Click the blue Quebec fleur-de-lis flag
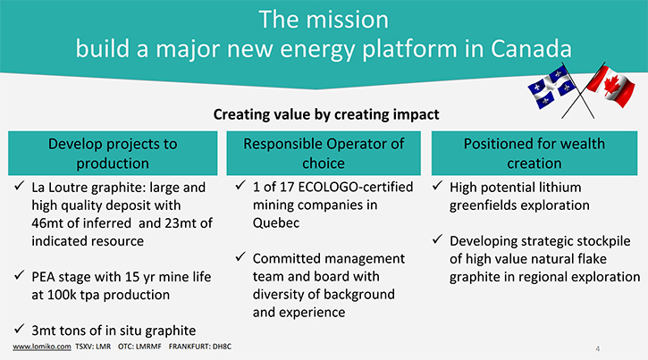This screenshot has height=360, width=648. click(551, 88)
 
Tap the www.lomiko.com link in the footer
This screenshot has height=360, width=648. click(42, 347)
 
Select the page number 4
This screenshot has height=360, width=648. click(598, 349)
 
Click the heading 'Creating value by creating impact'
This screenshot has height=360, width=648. click(326, 114)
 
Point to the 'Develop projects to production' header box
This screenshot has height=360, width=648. click(113, 153)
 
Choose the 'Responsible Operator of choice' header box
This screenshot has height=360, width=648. click(324, 153)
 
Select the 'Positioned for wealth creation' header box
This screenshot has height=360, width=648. click(534, 153)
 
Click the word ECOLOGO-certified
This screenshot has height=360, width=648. click(356, 187)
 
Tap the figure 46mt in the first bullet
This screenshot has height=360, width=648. click(46, 223)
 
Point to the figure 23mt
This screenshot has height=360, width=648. click(181, 223)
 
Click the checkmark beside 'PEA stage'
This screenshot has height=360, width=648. click(19, 275)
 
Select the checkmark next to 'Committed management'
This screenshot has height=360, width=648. click(240, 256)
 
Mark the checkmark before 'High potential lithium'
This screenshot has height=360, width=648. click(438, 186)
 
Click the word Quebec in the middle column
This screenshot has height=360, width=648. click(276, 223)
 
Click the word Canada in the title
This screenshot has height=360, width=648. click(531, 49)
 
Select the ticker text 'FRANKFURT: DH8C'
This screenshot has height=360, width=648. click(200, 347)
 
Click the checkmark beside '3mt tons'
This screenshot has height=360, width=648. click(19, 329)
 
